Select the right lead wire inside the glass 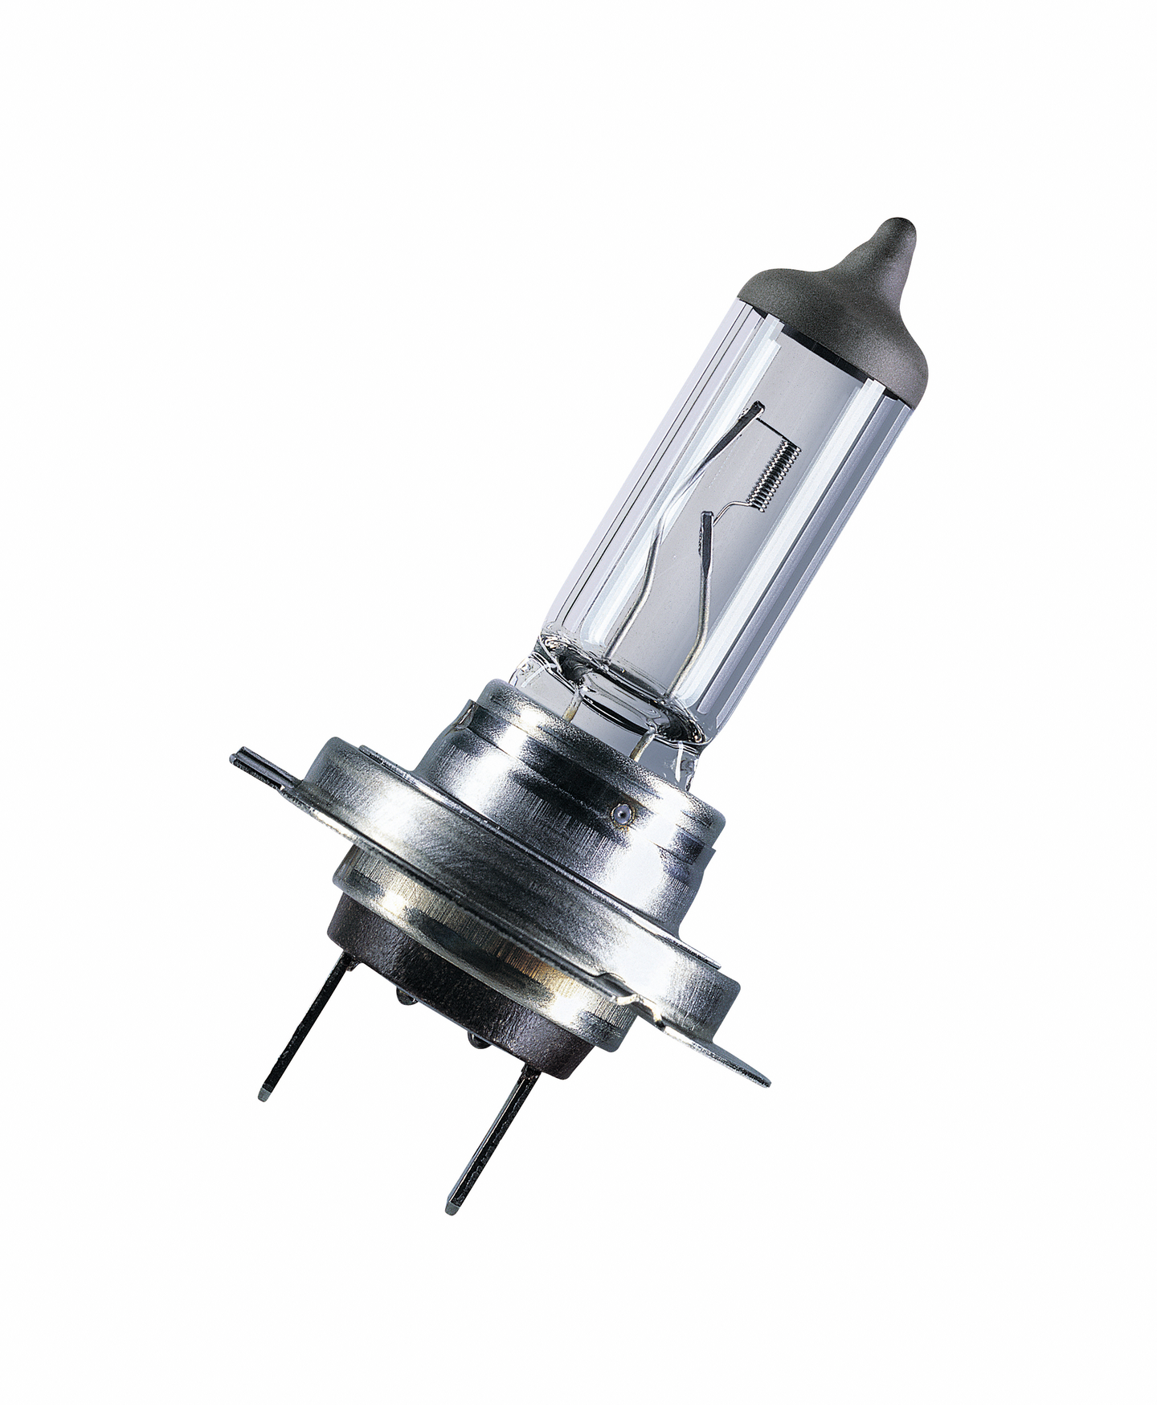697,611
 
